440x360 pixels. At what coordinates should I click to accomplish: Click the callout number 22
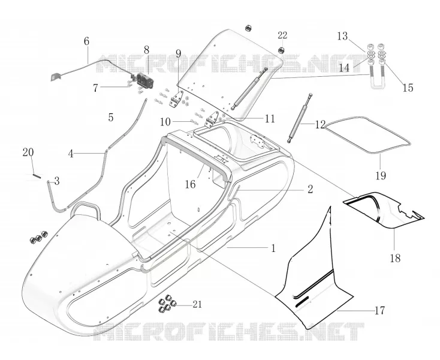282,35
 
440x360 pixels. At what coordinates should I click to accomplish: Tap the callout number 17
379,311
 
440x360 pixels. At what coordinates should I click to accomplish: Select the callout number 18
395,258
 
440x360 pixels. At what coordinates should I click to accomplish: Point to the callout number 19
381,176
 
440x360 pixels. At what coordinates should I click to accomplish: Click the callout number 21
197,304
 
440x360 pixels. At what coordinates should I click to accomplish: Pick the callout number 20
28,152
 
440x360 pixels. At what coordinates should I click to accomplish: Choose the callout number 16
190,184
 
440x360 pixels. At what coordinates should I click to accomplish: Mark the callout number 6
86,41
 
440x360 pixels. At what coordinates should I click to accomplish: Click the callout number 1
273,248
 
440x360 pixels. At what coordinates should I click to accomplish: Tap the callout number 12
320,125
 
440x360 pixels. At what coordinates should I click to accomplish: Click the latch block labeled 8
145,81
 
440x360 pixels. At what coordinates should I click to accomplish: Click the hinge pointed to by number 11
213,119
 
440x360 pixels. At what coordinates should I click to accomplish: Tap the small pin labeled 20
37,176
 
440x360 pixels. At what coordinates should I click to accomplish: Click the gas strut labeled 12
299,118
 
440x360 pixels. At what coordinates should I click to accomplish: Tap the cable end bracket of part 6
55,76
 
